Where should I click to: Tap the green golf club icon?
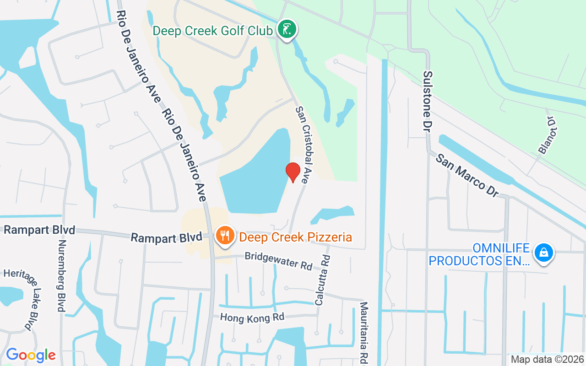pyautogui.click(x=287, y=30)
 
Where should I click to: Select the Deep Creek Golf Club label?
pyautogui.click(x=213, y=31)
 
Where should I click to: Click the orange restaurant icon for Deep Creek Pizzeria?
pyautogui.click(x=224, y=236)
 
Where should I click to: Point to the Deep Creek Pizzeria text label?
pyautogui.click(x=295, y=237)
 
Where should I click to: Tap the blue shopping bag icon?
pyautogui.click(x=543, y=253)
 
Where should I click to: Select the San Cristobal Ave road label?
pyautogui.click(x=304, y=145)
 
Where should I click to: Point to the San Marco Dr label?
pyautogui.click(x=467, y=175)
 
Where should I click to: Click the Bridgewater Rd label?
pyautogui.click(x=278, y=260)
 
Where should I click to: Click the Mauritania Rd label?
pyautogui.click(x=364, y=331)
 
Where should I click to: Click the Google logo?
pyautogui.click(x=31, y=355)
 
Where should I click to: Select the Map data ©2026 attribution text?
pyautogui.click(x=547, y=359)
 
